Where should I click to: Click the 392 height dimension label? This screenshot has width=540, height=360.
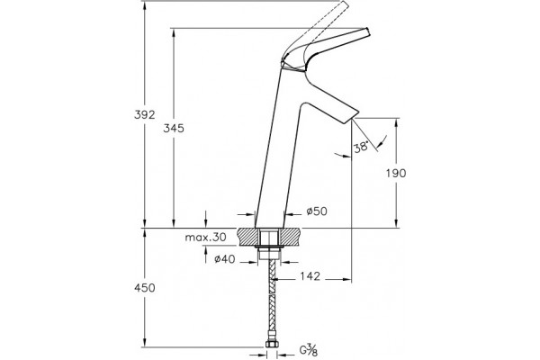(145, 114)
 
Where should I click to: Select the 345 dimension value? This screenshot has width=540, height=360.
(174, 129)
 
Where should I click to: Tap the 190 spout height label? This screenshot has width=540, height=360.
(396, 173)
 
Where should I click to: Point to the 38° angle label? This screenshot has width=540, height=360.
(361, 147)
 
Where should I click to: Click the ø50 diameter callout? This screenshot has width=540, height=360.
(317, 211)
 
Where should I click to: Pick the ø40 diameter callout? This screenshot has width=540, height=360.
(224, 258)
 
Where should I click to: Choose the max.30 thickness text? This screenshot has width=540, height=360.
(205, 237)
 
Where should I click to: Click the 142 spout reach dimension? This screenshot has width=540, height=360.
(310, 276)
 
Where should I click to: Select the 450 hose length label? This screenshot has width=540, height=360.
(145, 288)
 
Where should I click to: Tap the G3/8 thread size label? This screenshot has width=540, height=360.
(308, 350)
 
